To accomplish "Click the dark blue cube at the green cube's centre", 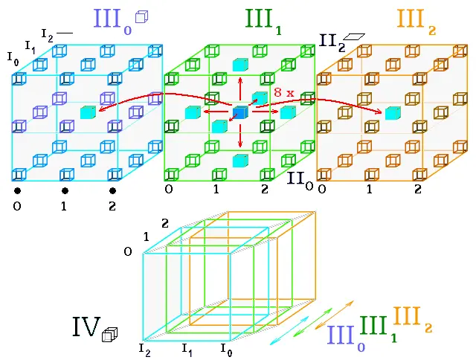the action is (240, 112).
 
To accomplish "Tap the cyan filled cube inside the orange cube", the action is (393, 113).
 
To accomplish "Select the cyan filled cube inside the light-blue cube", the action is (88, 112).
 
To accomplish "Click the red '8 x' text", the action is (284, 92).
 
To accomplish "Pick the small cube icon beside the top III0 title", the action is (141, 16).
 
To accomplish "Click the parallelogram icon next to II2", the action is (354, 36).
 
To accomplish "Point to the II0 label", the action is (300, 180).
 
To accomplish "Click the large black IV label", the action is (86, 327).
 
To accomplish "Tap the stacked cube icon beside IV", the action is (109, 335).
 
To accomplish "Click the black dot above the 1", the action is (65, 190).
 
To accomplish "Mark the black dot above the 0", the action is (17, 190).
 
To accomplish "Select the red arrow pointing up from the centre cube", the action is (240, 89).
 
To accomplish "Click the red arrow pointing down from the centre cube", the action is (240, 136).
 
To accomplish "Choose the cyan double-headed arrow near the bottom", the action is (289, 330).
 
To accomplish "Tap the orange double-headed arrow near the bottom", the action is (334, 315).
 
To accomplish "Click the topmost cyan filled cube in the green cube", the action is (240, 65).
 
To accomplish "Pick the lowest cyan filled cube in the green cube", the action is (240, 161).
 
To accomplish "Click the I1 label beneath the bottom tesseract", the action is (187, 349).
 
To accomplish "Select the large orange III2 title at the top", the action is (416, 22).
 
